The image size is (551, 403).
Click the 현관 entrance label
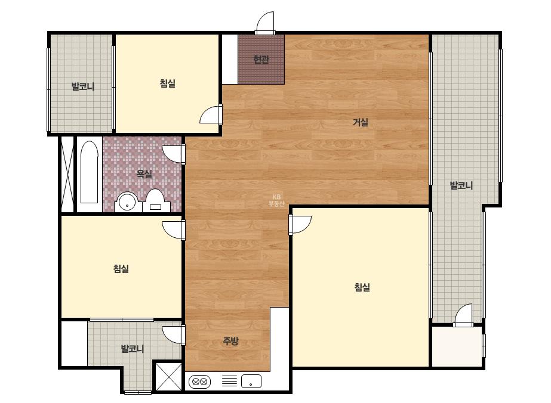coord(261,60)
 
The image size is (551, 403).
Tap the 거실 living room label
coord(360,122)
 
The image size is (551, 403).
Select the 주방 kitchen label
coord(230,340)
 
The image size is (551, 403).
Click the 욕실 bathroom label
coord(144,173)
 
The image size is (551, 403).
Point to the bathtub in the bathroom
coord(90,172)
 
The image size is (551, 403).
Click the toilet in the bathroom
coord(155,201)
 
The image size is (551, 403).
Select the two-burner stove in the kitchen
coord(199,382)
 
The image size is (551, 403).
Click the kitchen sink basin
coord(251,381)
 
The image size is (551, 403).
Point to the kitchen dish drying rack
coord(229,381)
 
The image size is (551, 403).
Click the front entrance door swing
coord(265,22)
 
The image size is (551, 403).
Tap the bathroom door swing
coord(173,154)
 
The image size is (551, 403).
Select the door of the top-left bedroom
coord(211,114)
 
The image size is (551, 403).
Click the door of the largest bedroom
coord(300,225)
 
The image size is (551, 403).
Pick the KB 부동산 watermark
coord(276,200)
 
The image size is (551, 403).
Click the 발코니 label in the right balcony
coord(461,185)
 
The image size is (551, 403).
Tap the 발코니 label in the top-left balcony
coord(83,86)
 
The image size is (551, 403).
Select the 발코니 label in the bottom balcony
coord(133,349)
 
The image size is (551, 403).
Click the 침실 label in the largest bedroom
coord(362,287)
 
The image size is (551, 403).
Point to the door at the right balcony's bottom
coord(463,315)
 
